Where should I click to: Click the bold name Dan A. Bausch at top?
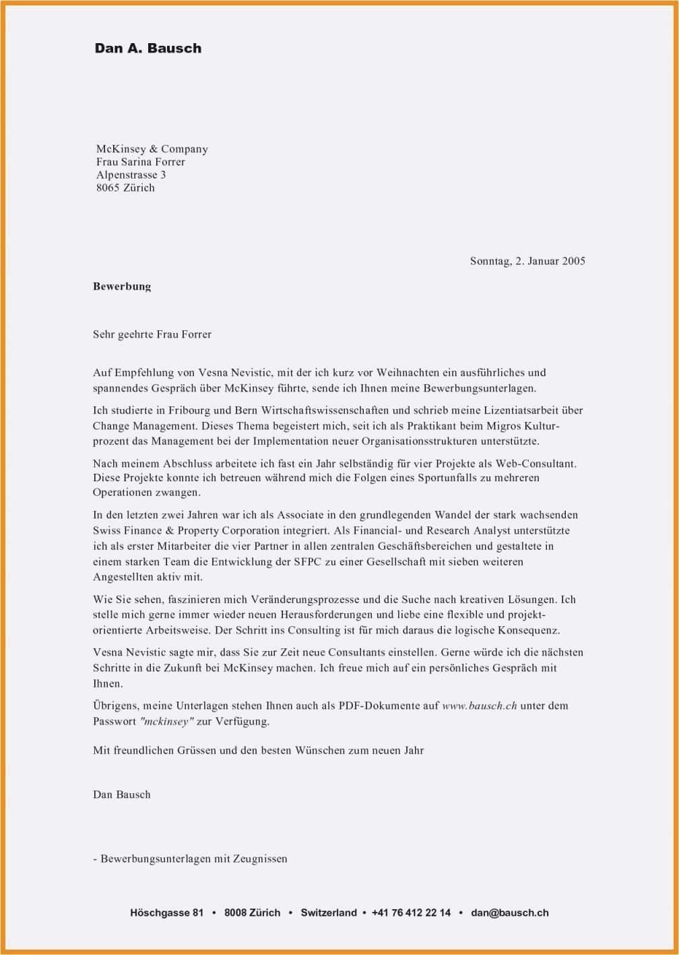pyautogui.click(x=148, y=49)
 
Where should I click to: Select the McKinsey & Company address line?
pyautogui.click(x=152, y=149)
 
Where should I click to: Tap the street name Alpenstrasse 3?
pyautogui.click(x=131, y=175)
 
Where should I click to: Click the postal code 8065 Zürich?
pyautogui.click(x=125, y=187)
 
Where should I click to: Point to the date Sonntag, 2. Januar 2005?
pyautogui.click(x=527, y=261)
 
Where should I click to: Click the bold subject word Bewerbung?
pyautogui.click(x=122, y=286)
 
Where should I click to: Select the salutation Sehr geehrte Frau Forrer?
pyautogui.click(x=152, y=334)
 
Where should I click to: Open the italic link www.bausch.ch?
pyautogui.click(x=479, y=706)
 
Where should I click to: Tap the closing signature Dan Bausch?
pyautogui.click(x=122, y=795)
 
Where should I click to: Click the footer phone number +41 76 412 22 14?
pyautogui.click(x=411, y=913)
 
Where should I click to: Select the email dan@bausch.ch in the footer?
pyautogui.click(x=510, y=913)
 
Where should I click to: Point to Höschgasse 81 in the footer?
pyautogui.click(x=166, y=913)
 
